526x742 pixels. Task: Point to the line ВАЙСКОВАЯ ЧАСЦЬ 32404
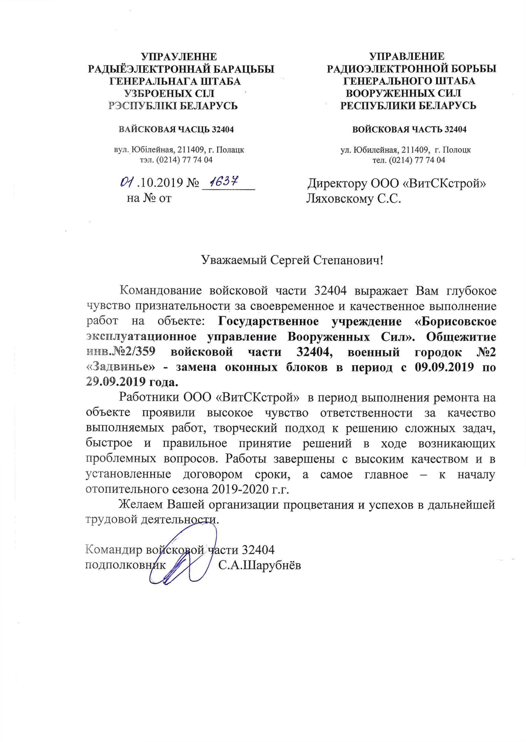(x=176, y=130)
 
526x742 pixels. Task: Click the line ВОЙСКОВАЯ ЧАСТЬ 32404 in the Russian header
(x=409, y=130)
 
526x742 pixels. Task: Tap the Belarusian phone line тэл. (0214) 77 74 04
(x=176, y=160)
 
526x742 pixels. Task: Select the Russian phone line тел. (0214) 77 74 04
(x=409, y=160)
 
